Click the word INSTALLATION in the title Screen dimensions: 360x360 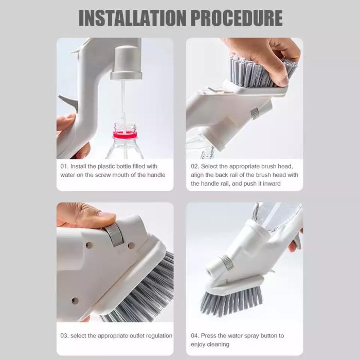(x=133, y=18)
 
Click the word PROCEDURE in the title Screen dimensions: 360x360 (x=237, y=18)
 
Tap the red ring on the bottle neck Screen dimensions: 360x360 (x=125, y=135)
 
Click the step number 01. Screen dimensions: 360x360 (x=64, y=166)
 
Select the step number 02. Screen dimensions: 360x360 (x=195, y=166)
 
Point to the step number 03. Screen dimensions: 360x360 (x=64, y=336)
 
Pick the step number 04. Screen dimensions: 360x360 (x=195, y=336)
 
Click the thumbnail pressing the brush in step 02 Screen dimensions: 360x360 (x=282, y=81)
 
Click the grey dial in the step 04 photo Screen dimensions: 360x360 (x=227, y=262)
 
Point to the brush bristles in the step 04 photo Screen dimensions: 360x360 (x=231, y=301)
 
